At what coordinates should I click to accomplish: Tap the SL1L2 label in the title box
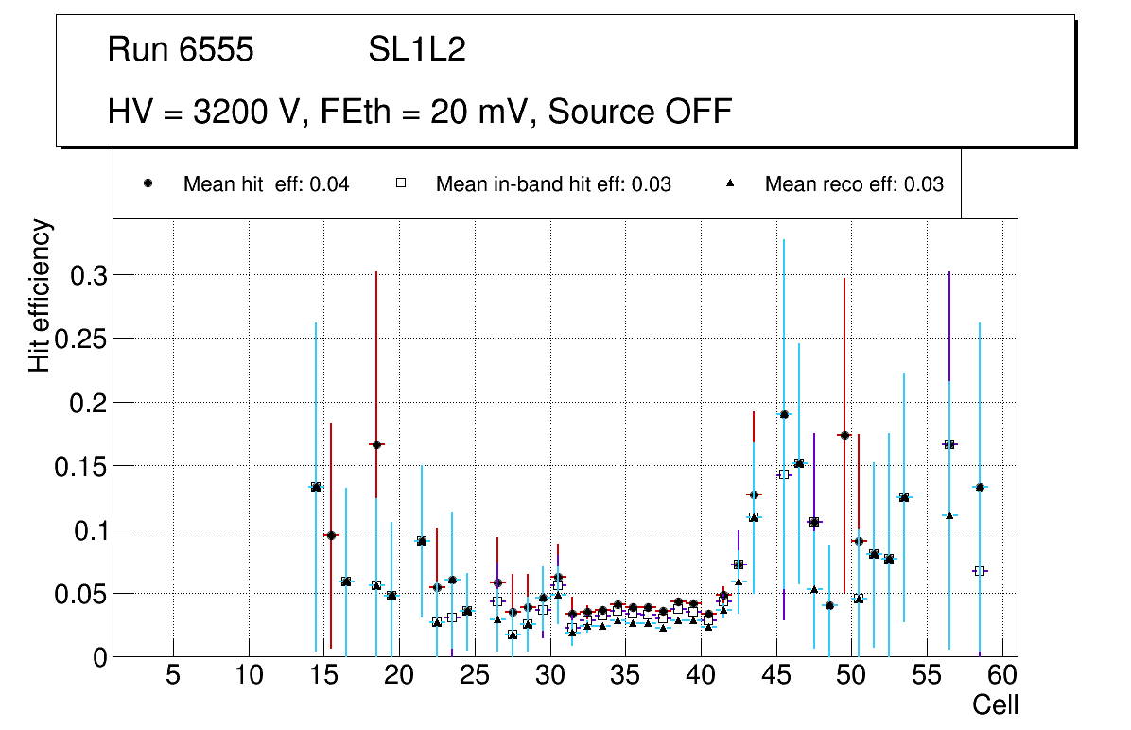click(x=416, y=50)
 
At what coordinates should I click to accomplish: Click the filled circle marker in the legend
click(x=148, y=184)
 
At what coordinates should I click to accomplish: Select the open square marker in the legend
click(x=400, y=184)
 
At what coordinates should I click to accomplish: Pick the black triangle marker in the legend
click(x=730, y=184)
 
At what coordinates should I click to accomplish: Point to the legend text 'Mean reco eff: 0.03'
click(x=854, y=184)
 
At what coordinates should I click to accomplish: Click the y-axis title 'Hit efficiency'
click(x=40, y=296)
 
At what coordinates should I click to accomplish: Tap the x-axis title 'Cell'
click(x=995, y=704)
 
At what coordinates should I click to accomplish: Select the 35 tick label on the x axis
click(x=625, y=675)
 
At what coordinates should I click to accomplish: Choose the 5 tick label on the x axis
click(x=173, y=675)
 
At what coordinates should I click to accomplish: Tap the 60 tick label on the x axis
click(x=1002, y=675)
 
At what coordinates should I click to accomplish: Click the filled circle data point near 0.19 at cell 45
click(x=784, y=414)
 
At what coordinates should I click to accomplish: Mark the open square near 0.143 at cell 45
click(x=783, y=475)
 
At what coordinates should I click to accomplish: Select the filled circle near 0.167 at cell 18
click(x=376, y=444)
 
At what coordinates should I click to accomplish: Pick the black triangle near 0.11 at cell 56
click(x=949, y=515)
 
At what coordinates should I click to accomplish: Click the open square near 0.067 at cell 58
click(x=980, y=571)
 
